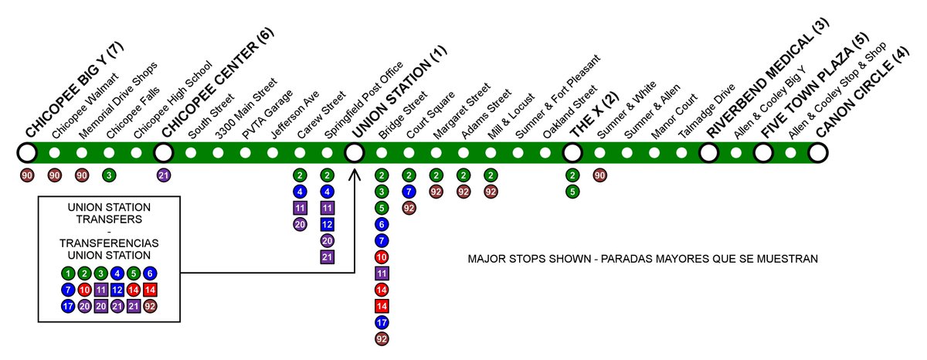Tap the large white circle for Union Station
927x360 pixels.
[355, 153]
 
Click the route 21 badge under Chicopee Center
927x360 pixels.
[164, 175]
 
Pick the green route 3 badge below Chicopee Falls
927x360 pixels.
[109, 175]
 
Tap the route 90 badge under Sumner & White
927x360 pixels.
[599, 175]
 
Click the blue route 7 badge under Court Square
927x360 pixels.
[409, 191]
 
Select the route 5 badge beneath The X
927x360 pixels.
[572, 191]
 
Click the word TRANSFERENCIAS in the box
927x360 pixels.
[108, 243]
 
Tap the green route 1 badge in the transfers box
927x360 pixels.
[68, 273]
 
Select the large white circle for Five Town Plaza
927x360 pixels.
[763, 153]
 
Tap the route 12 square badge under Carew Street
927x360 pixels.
[327, 224]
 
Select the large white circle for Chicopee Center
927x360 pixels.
[164, 153]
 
